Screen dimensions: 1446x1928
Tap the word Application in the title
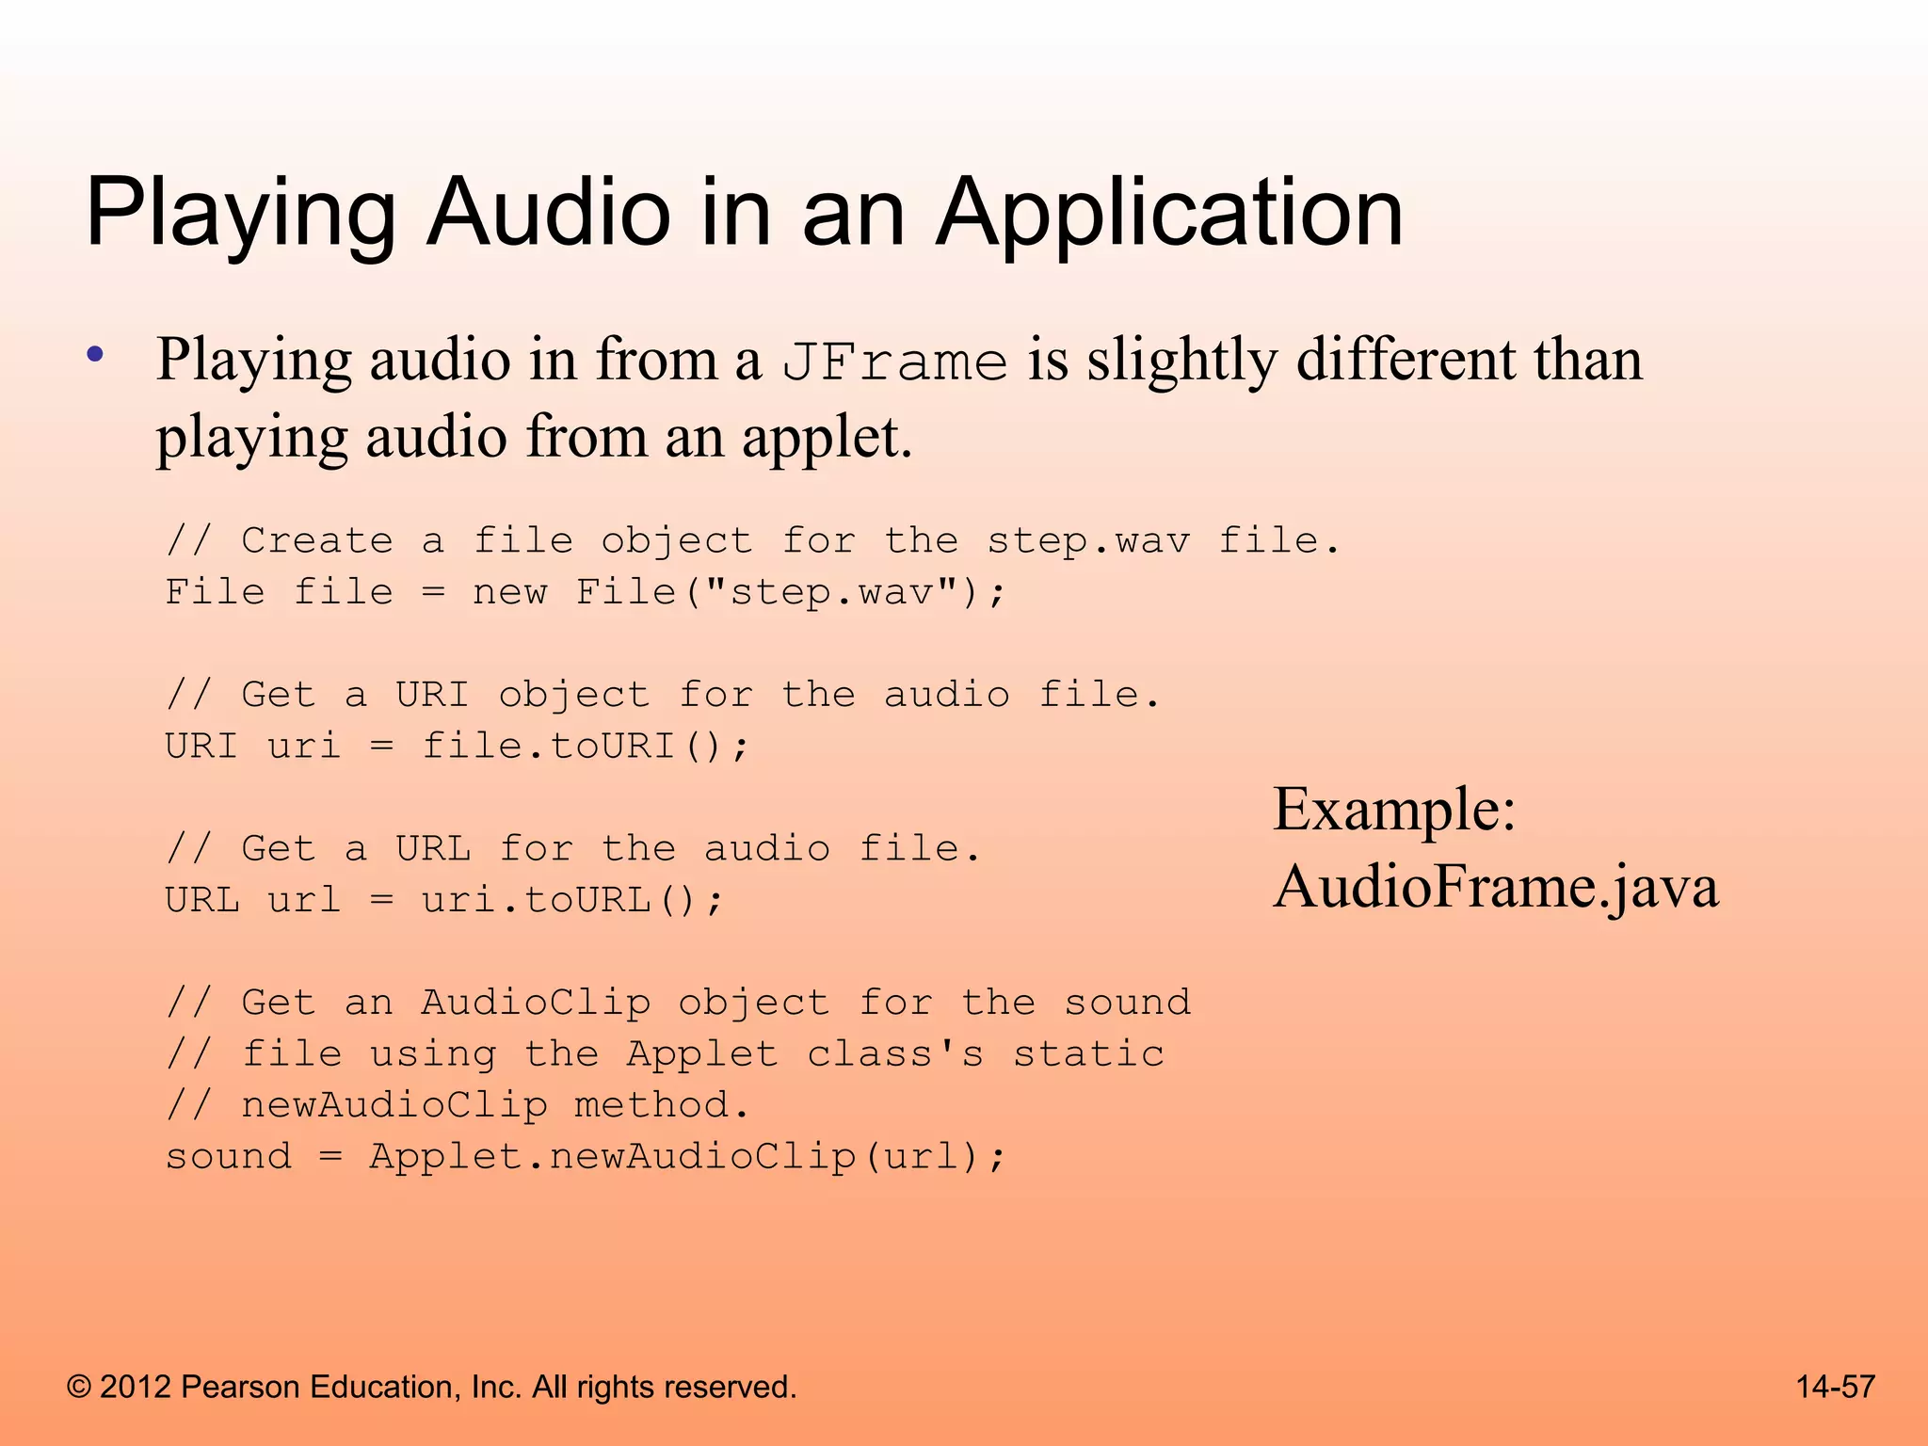pos(1169,215)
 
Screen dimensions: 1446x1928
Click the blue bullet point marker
pos(94,356)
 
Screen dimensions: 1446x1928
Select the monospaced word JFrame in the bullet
pos(894,362)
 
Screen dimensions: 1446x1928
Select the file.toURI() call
pos(584,747)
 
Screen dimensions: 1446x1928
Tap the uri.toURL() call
pos(571,901)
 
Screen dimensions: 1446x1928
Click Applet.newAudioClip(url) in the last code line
pos(685,1157)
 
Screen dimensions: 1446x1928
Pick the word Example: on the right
pos(1394,810)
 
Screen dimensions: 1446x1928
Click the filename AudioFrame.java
pos(1495,887)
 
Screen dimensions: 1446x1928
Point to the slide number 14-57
pos(1835,1387)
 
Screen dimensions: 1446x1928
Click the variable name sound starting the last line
pos(229,1157)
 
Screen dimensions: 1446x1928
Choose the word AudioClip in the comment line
pos(535,1003)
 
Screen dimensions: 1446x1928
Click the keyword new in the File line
pos(509,592)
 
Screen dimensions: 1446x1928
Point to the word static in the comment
pos(1088,1054)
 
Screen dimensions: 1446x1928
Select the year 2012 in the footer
pos(135,1387)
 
